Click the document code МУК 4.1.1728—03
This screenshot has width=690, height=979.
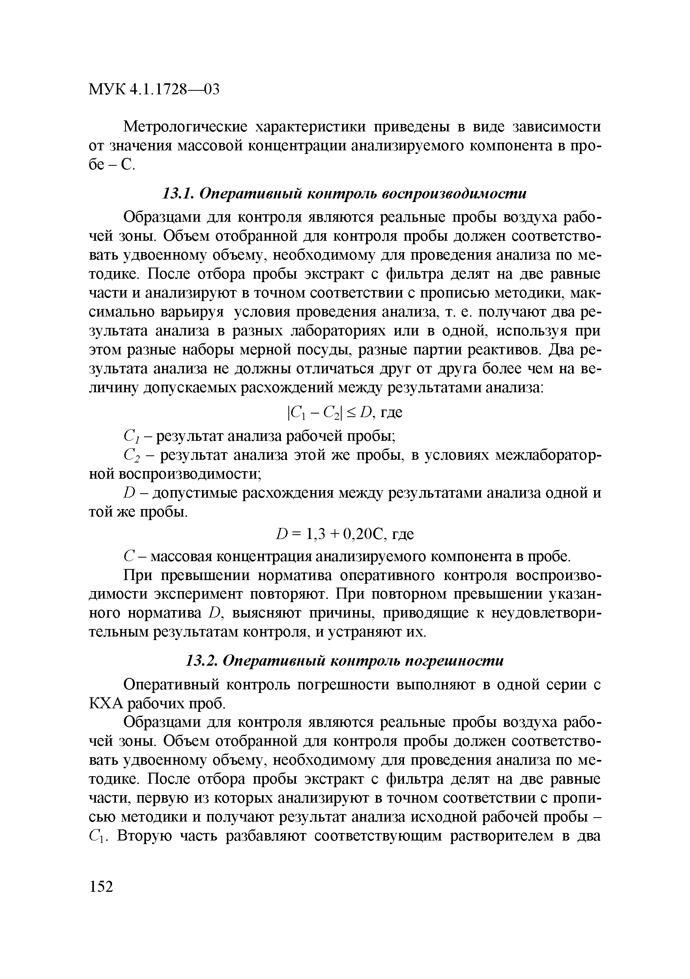pyautogui.click(x=154, y=90)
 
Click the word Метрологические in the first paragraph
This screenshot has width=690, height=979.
pyautogui.click(x=185, y=127)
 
